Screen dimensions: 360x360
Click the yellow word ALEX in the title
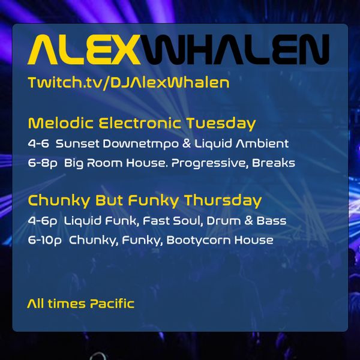pos(84,49)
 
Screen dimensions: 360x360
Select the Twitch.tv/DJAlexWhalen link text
pos(128,83)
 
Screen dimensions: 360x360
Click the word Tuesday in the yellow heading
pos(221,124)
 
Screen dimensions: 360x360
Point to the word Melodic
pos(61,123)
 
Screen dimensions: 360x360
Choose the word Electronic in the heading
pos(140,123)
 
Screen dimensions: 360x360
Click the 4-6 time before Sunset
pos(38,144)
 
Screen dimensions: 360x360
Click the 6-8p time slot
pos(43,163)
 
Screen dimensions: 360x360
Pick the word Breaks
pos(274,163)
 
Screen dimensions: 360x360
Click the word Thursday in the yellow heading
pos(223,200)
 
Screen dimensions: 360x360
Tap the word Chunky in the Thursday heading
pos(59,200)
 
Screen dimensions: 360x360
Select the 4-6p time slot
pos(43,221)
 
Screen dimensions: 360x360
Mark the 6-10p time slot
pos(45,241)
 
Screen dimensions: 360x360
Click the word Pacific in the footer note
pos(112,304)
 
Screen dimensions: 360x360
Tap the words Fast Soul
pos(173,221)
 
